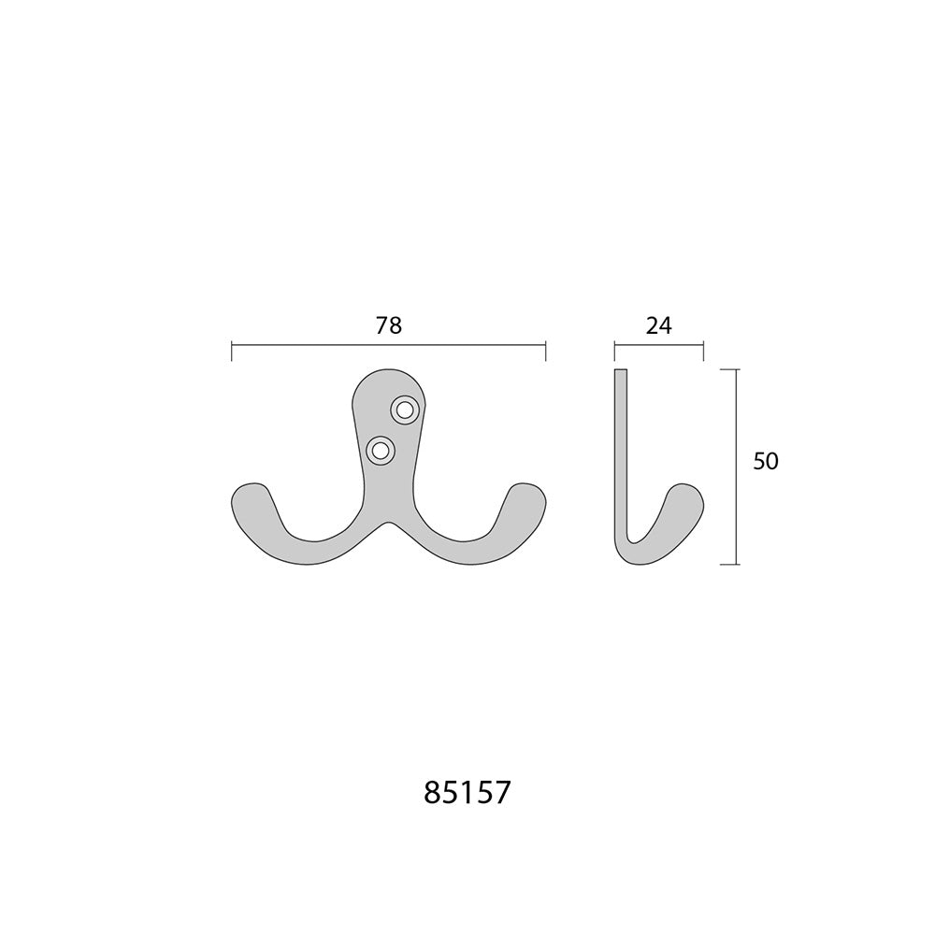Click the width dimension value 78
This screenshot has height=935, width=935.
pyautogui.click(x=389, y=325)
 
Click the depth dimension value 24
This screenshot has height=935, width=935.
pyautogui.click(x=659, y=325)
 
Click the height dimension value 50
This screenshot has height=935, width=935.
pyautogui.click(x=766, y=461)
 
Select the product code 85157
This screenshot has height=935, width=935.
pyautogui.click(x=467, y=793)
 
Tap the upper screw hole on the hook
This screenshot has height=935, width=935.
pyautogui.click(x=404, y=410)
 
